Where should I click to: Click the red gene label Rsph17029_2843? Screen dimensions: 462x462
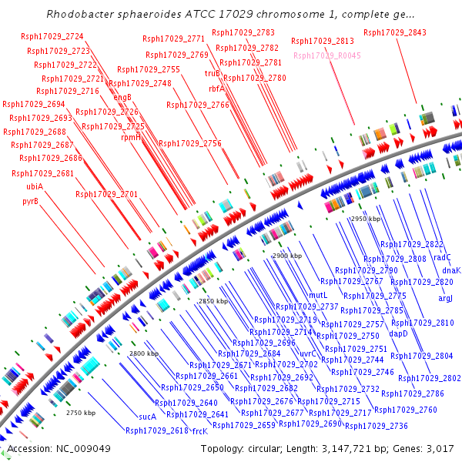(394, 32)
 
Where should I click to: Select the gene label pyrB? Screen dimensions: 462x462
(30, 202)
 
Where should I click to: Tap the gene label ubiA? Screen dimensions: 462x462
(34, 187)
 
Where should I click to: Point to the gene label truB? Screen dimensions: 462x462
(212, 74)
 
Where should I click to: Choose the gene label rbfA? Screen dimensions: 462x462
(216, 89)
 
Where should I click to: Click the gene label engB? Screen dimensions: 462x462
(122, 97)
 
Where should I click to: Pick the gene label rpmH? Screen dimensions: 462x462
(131, 138)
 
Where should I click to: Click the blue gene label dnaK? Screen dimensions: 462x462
(451, 270)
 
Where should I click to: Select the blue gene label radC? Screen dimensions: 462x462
(442, 258)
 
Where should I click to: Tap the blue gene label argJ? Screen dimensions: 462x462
(446, 298)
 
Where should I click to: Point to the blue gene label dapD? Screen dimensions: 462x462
(398, 333)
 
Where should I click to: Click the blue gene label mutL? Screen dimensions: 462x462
(318, 295)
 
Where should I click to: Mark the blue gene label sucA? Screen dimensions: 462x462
(147, 417)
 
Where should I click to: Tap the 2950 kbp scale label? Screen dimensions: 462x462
(366, 219)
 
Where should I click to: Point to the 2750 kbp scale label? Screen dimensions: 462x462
(81, 413)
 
